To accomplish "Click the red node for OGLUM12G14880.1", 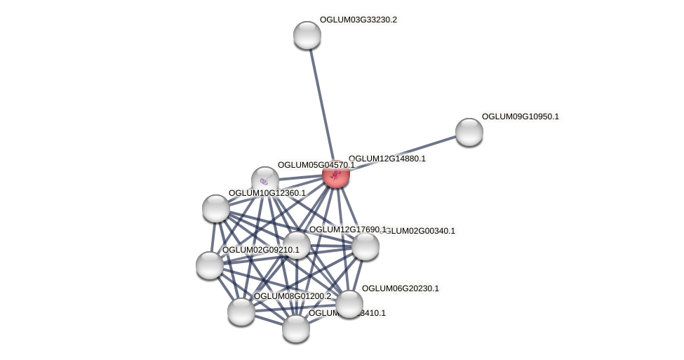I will [x=335, y=174].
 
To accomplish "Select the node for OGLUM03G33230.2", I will [x=307, y=35].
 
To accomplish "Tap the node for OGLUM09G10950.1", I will [x=469, y=132].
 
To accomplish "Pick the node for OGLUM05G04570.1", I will [x=264, y=180].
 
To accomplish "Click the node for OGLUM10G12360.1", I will [x=215, y=208].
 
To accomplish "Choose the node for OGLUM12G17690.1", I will [x=296, y=244].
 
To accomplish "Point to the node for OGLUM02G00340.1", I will [x=365, y=246].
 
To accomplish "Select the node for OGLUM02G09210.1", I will [x=209, y=265].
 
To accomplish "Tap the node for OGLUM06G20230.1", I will [x=349, y=303].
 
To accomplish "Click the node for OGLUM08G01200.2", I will [x=241, y=311].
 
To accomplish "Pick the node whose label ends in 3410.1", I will [x=295, y=328].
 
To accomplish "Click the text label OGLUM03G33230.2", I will [x=358, y=20].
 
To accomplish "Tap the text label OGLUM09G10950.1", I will [x=520, y=116].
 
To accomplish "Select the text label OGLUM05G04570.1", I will [x=316, y=165].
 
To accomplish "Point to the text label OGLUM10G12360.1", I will [x=267, y=193].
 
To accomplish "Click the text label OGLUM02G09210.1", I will [x=260, y=250].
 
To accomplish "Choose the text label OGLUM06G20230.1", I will [x=400, y=288].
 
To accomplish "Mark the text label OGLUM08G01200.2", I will [x=292, y=296].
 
